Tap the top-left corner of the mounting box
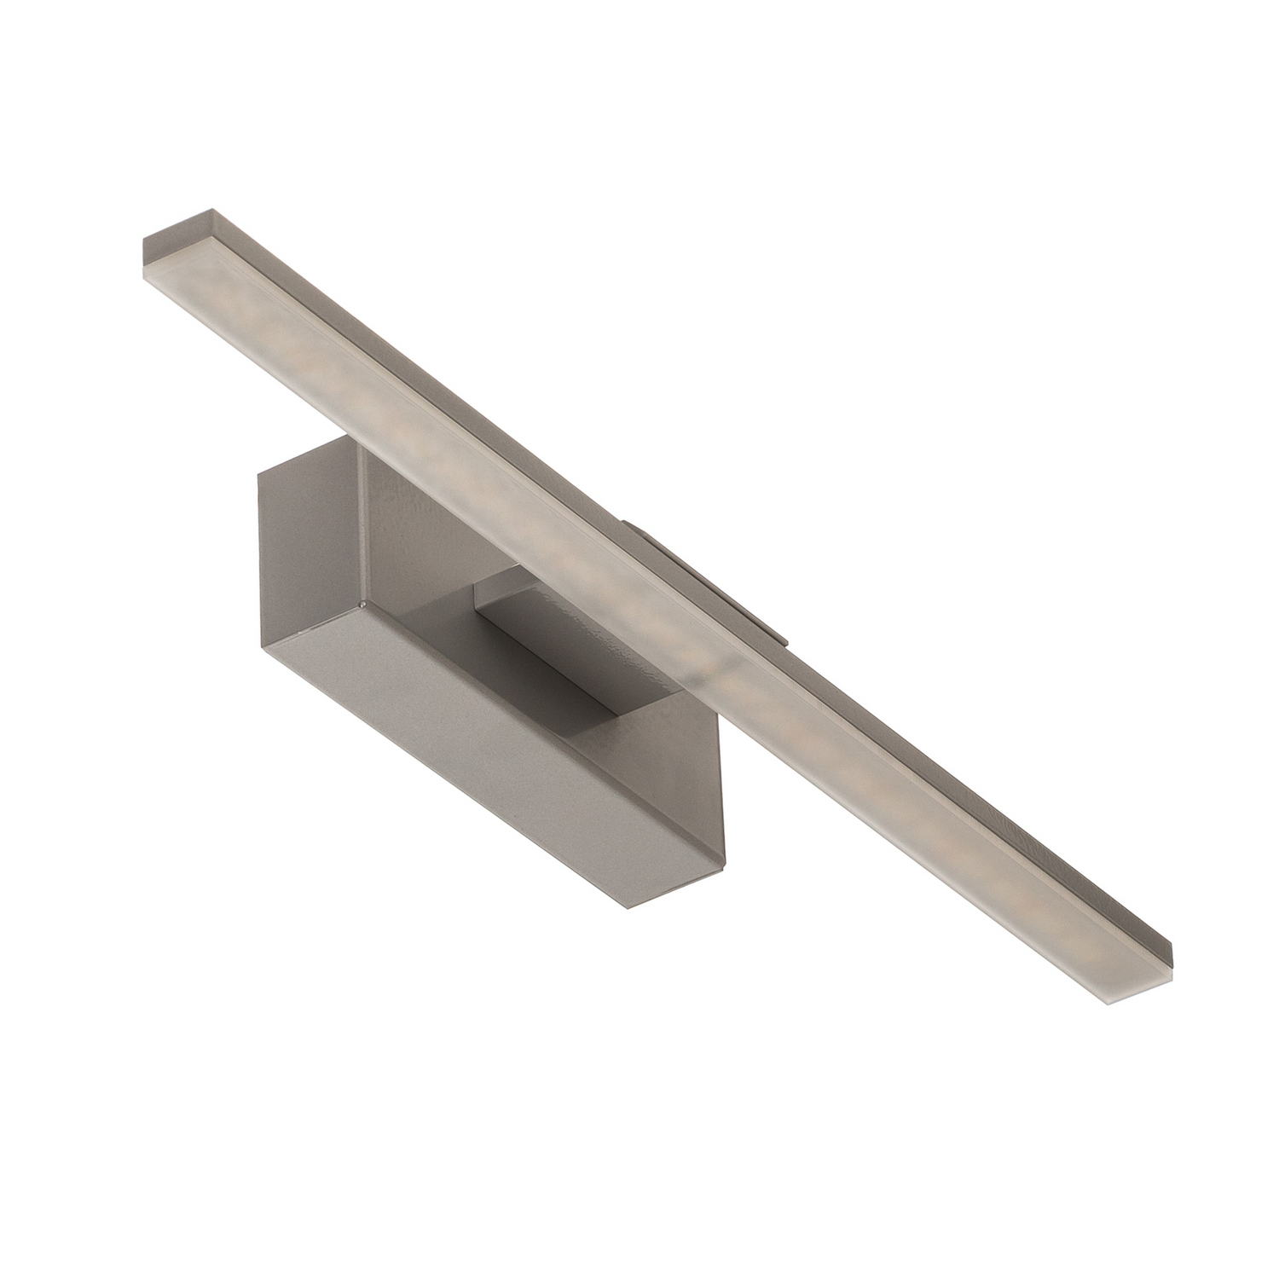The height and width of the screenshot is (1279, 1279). (x=258, y=474)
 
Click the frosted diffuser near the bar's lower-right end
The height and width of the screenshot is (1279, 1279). (x=1023, y=921)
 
